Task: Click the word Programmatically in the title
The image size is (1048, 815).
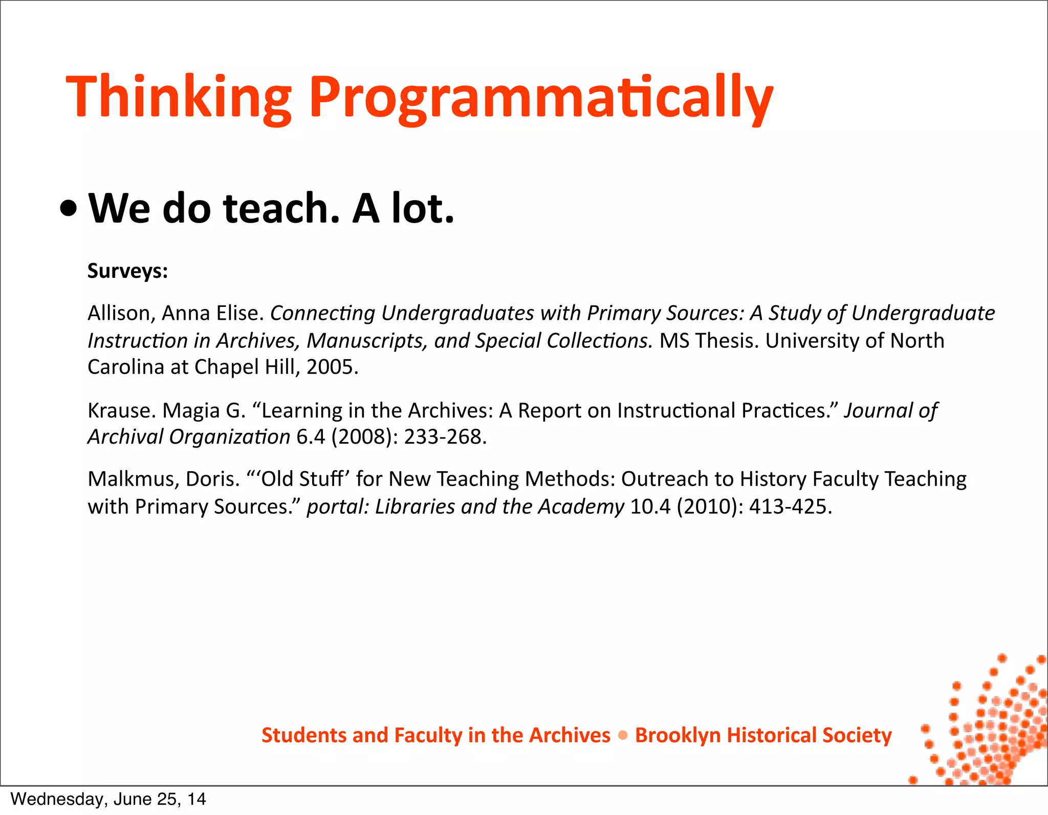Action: [x=541, y=97]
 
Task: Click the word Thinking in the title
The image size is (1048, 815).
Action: [x=179, y=97]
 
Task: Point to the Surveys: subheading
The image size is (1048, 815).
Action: [x=128, y=271]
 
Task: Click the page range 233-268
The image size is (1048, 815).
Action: [x=443, y=437]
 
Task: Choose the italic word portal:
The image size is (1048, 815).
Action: [x=338, y=506]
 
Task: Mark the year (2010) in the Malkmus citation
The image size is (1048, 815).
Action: [x=710, y=506]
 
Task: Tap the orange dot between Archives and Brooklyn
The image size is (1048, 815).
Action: [x=623, y=736]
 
